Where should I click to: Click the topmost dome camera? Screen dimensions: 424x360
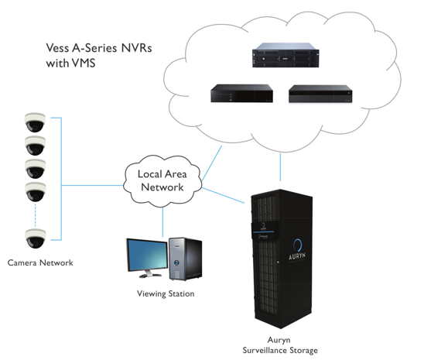(35, 122)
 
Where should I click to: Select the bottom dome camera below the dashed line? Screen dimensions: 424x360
(35, 238)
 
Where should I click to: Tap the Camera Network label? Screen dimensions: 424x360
(40, 262)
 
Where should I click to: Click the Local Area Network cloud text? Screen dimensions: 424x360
(162, 180)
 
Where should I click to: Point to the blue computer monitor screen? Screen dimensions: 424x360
(147, 255)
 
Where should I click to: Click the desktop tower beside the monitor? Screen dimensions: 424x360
(185, 259)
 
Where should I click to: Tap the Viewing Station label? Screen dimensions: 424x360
(166, 293)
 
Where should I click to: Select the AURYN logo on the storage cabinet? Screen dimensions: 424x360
(297, 249)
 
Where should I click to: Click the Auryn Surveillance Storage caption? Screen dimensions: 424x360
(280, 345)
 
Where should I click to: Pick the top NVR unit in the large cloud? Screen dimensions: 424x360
(286, 55)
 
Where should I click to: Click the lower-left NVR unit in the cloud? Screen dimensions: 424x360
(241, 94)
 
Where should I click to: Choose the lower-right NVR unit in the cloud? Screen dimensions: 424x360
(320, 94)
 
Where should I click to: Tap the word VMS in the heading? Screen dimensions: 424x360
(84, 63)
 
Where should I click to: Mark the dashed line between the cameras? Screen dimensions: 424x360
(35, 215)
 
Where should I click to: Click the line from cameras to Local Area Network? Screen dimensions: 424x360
(93, 185)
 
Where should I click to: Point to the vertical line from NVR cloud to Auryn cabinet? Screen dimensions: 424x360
(280, 167)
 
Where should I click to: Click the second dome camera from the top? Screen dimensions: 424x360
(35, 146)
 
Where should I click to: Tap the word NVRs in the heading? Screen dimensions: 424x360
(136, 48)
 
